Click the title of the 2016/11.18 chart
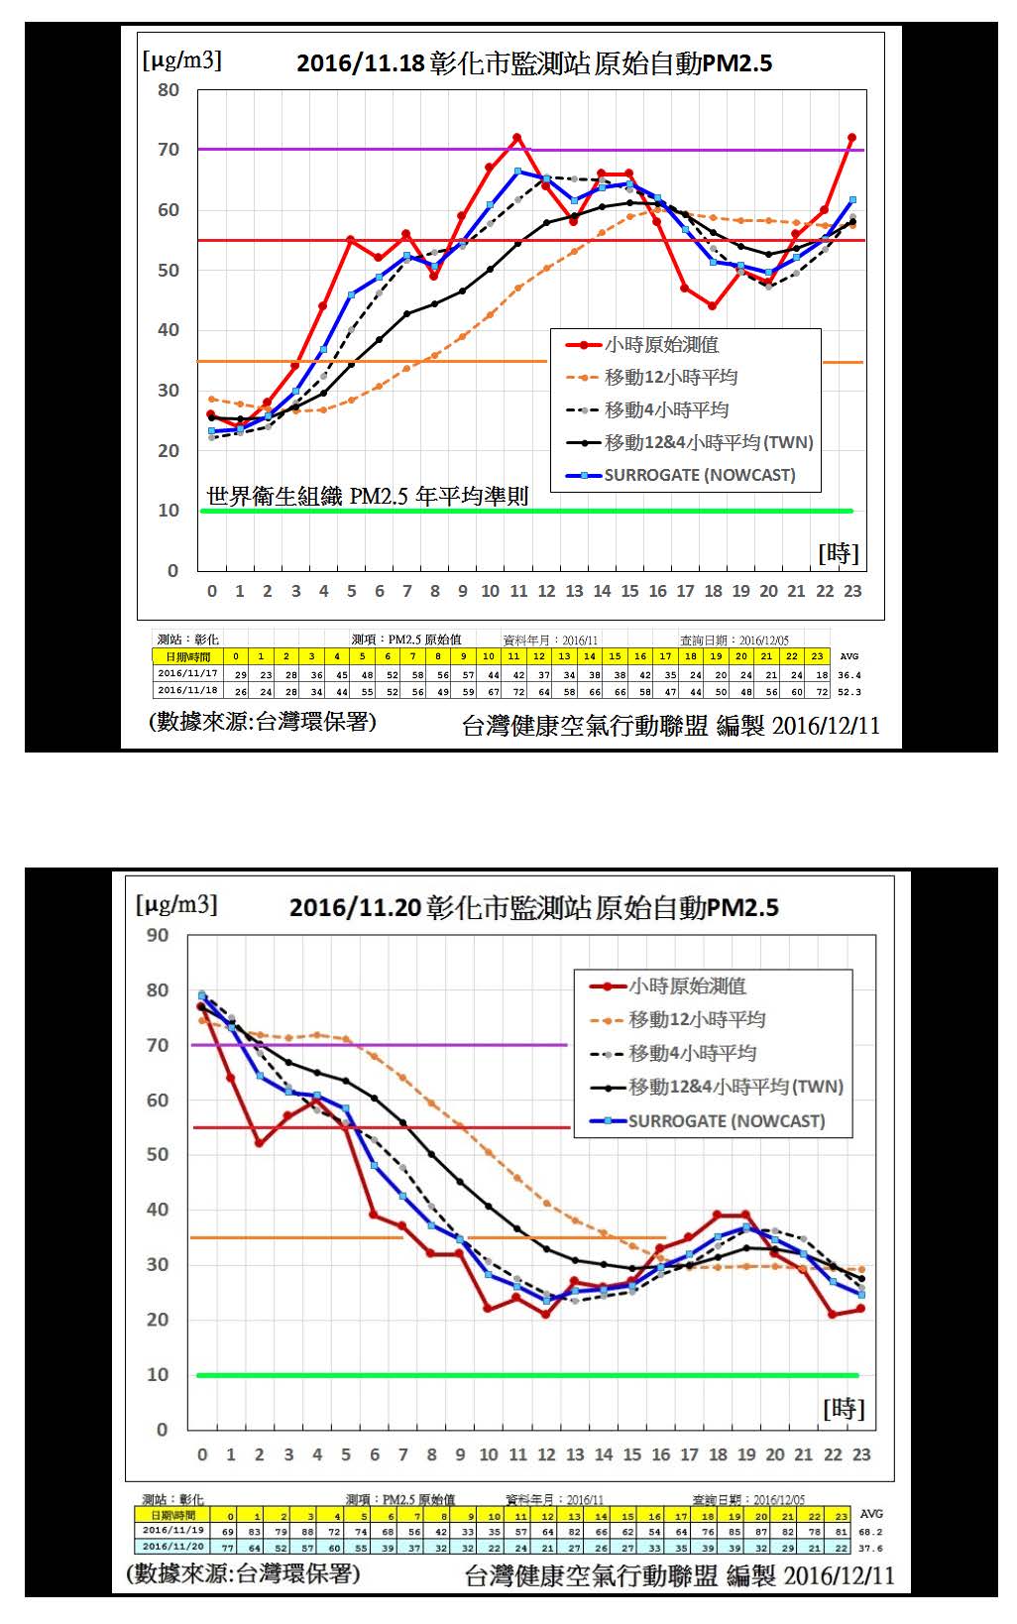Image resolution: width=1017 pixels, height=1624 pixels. (x=534, y=63)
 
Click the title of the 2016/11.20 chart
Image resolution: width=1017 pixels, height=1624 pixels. (x=533, y=907)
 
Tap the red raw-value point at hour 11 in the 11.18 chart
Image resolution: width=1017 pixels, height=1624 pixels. (x=516, y=138)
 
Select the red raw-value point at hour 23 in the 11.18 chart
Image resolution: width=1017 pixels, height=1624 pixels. (x=851, y=138)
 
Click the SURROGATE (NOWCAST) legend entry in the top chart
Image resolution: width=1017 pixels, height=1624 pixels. (x=699, y=475)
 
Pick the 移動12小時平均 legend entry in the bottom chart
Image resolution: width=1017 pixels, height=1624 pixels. (x=697, y=1019)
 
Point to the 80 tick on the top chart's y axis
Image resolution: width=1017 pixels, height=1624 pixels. (x=169, y=90)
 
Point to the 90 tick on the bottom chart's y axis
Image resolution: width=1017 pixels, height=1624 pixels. (x=158, y=935)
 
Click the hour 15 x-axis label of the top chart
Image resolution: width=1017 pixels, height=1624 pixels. (x=629, y=591)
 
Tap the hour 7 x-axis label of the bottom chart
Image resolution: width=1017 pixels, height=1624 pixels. (x=403, y=1454)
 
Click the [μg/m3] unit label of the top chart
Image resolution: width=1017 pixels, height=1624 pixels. (x=182, y=60)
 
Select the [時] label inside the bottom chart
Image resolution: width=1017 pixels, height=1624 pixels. (x=844, y=1408)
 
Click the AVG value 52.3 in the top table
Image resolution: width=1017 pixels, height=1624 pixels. (x=849, y=692)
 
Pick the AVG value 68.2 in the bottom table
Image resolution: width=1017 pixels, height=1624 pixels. (x=870, y=1531)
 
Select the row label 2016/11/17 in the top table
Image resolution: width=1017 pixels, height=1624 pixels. (x=187, y=673)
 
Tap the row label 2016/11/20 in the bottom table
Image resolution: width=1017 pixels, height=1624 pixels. (x=173, y=1547)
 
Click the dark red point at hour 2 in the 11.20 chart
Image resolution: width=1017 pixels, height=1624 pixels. (x=260, y=1142)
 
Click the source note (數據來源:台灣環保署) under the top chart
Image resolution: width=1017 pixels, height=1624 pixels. (x=263, y=722)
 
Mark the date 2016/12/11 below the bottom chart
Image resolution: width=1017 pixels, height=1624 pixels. (x=840, y=1576)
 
